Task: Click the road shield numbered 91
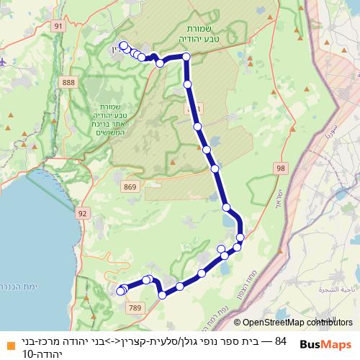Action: (x=58, y=26)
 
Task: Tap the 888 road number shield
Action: (x=68, y=83)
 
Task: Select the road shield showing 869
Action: (x=130, y=187)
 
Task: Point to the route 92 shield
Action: (x=82, y=214)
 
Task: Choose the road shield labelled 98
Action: (x=279, y=168)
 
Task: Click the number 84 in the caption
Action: (x=281, y=341)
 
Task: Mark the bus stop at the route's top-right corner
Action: (x=186, y=56)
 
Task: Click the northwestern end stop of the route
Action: (x=123, y=45)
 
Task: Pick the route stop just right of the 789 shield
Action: (x=163, y=294)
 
